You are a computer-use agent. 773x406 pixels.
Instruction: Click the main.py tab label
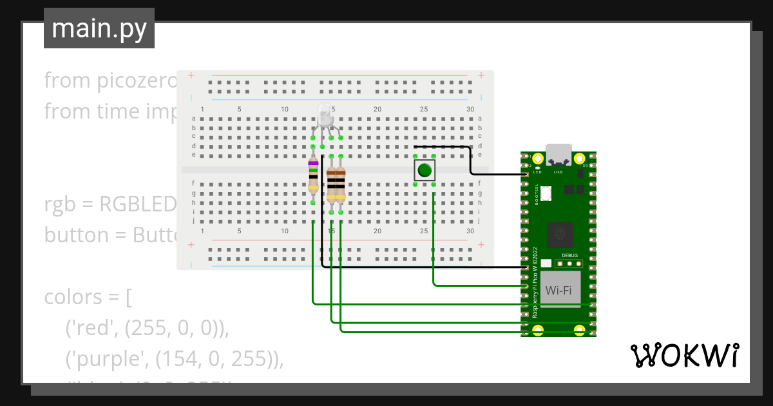99,29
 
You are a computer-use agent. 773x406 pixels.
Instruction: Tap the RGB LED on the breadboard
325,116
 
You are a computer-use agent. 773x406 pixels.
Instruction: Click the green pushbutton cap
423,171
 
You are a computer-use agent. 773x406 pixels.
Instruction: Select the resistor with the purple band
313,175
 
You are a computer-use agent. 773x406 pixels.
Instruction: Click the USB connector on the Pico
558,154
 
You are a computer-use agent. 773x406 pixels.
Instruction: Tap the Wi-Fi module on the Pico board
558,290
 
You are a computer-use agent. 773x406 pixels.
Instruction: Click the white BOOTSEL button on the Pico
546,193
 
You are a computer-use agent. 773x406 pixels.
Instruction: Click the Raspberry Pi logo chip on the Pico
559,236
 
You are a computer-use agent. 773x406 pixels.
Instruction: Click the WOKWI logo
683,355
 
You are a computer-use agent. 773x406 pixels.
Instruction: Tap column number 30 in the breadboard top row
470,109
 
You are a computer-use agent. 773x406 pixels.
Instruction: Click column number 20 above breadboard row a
377,109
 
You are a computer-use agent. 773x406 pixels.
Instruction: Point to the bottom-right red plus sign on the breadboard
481,245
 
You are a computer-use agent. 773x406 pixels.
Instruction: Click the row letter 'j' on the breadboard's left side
193,220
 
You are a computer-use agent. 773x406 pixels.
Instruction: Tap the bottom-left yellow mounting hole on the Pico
539,331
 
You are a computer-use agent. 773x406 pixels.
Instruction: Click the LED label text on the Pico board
538,171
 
